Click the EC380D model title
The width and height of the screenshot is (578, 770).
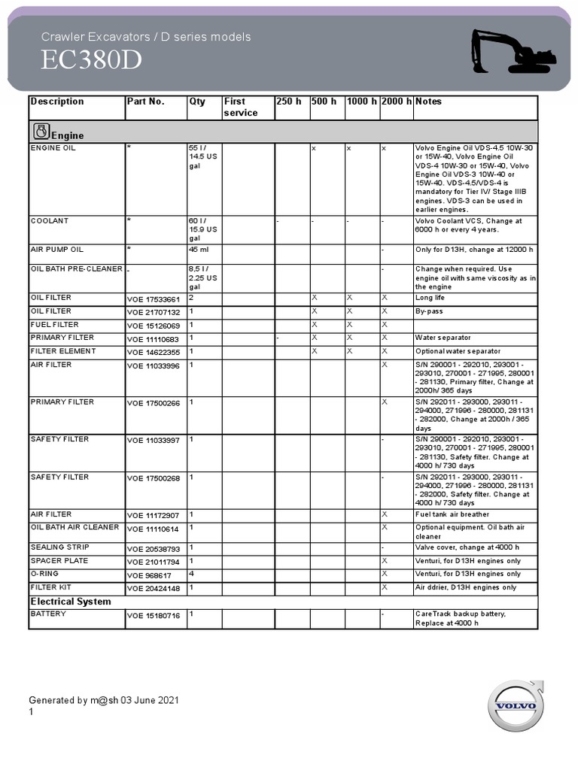91,61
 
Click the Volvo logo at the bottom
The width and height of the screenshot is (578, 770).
516,706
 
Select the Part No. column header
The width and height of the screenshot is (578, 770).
145,102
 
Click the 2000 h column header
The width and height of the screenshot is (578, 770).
396,102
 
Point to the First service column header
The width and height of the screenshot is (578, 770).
240,107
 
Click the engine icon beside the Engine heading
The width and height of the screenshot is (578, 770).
41,132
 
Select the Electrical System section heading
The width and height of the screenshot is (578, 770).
71,602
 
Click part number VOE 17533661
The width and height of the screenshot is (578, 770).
154,299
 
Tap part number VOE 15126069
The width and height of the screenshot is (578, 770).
154,326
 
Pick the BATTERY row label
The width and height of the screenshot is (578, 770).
48,614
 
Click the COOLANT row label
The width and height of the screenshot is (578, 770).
50,221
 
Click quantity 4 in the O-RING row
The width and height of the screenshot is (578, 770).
191,574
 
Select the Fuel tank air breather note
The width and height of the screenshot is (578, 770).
452,515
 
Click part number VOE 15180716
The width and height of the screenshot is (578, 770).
154,616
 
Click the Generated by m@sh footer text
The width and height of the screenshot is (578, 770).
104,701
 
